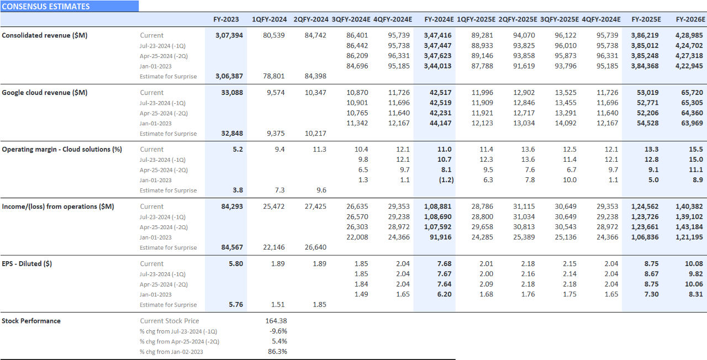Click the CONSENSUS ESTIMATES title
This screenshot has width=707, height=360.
[x=46, y=7]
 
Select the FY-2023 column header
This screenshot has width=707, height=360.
[x=226, y=19]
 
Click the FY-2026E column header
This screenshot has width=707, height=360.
[x=690, y=19]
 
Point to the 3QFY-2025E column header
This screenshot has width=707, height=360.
[x=560, y=19]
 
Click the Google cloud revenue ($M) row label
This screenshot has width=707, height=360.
[x=45, y=93]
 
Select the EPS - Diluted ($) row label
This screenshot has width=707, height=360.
[x=27, y=264]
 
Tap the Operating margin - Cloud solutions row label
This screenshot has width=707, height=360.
[x=62, y=150]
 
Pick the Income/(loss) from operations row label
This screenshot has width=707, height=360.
[x=58, y=207]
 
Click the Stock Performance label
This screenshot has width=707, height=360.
[x=31, y=321]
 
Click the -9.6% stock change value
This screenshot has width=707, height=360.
[x=277, y=331]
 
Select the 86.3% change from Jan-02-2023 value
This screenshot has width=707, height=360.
[x=277, y=352]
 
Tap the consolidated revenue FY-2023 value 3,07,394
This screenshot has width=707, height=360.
[x=229, y=35]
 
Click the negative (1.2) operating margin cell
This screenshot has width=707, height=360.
[x=442, y=180]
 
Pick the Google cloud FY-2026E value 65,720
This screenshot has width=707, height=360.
[x=693, y=93]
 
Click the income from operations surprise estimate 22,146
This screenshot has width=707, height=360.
[x=274, y=247]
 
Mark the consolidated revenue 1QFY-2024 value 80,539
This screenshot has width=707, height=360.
[x=274, y=35]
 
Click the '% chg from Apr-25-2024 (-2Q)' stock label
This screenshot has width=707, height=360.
[x=180, y=342]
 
